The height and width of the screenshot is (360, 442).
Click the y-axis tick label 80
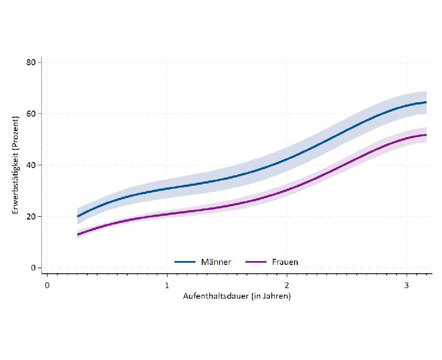click(x=31, y=62)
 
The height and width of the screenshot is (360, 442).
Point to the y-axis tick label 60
click(x=31, y=114)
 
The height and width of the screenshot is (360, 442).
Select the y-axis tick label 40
click(x=31, y=165)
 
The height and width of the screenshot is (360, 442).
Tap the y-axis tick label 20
click(x=31, y=217)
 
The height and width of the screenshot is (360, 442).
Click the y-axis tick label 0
click(x=33, y=268)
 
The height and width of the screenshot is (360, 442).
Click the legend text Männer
click(x=216, y=262)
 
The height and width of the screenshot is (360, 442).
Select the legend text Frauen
click(x=285, y=262)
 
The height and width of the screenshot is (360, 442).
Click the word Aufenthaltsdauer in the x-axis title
click(x=215, y=296)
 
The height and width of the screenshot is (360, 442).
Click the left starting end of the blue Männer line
click(x=78, y=216)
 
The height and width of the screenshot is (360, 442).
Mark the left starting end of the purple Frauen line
click(x=78, y=234)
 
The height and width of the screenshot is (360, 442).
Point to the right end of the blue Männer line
click(x=426, y=102)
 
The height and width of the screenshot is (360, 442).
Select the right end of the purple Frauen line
click(x=426, y=135)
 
